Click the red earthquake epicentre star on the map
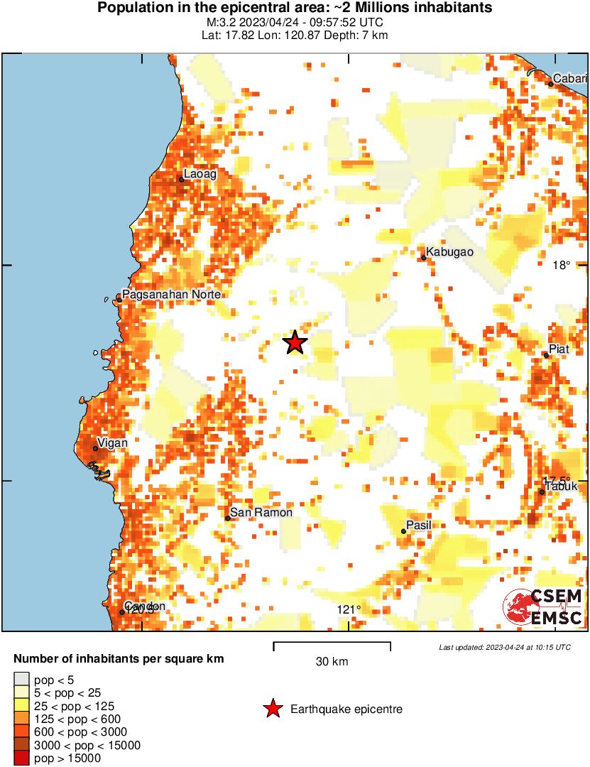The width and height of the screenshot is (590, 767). (x=295, y=343)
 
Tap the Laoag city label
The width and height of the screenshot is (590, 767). (x=200, y=173)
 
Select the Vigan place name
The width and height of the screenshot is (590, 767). (x=112, y=443)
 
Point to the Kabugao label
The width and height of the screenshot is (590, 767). (x=450, y=251)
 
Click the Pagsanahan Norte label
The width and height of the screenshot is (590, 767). (x=171, y=294)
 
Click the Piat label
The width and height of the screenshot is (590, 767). (x=559, y=349)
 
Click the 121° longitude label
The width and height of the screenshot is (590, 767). (x=349, y=609)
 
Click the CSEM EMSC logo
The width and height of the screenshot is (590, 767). (x=543, y=606)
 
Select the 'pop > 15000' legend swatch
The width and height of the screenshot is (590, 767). (x=22, y=758)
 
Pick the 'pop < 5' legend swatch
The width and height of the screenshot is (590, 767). (x=22, y=680)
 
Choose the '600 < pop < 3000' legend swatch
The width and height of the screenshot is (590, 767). (x=22, y=732)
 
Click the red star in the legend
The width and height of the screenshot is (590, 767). (x=272, y=709)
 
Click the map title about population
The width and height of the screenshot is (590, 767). (x=295, y=9)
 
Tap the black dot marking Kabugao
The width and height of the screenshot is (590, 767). (x=424, y=257)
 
